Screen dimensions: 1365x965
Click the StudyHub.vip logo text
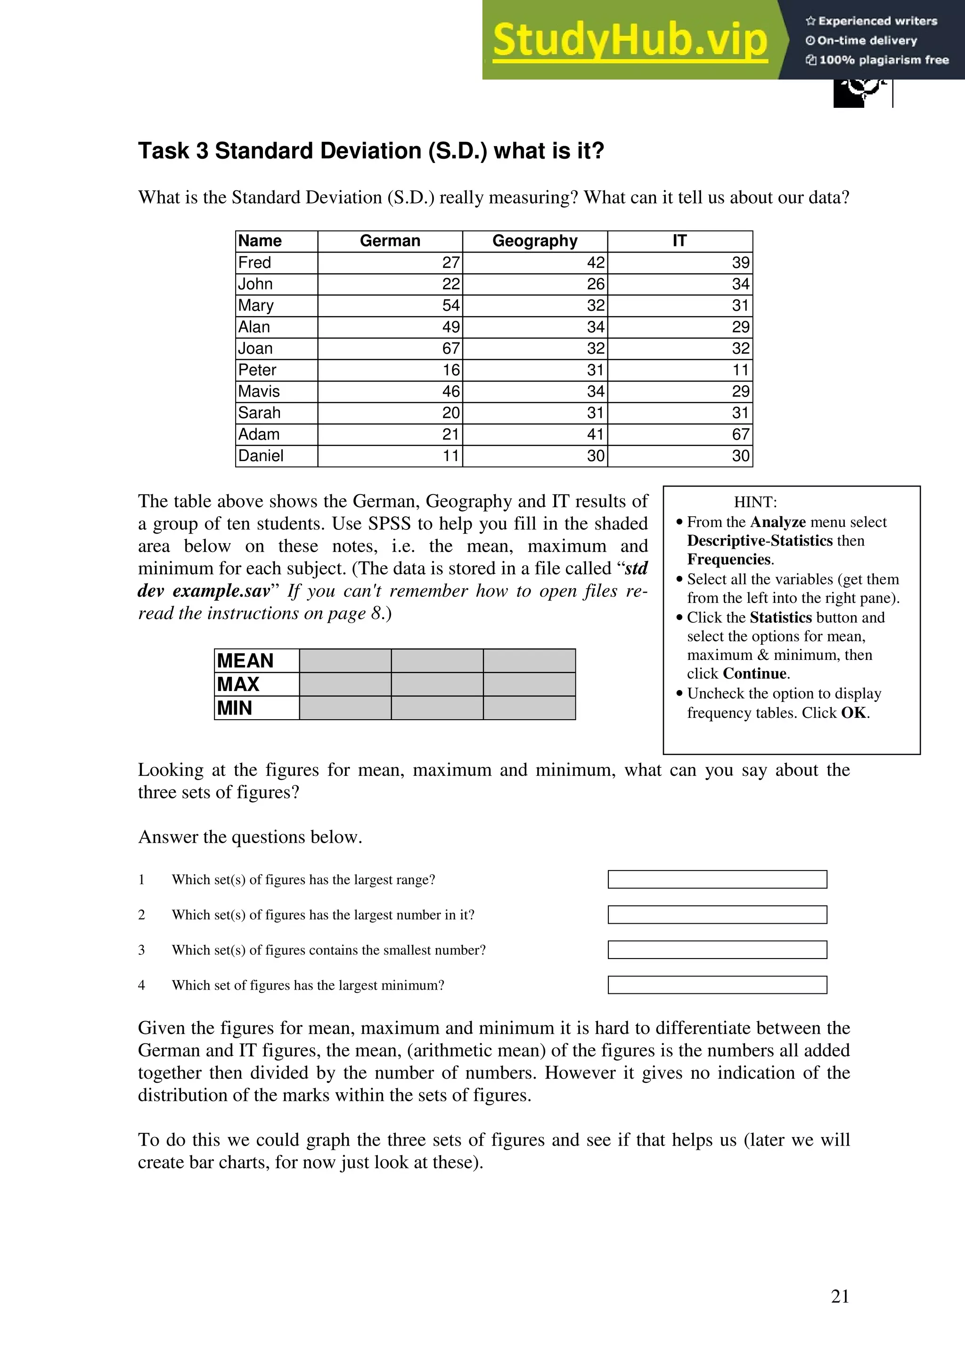pyautogui.click(x=630, y=41)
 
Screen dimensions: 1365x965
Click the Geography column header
pyautogui.click(x=534, y=241)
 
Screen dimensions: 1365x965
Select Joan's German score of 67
pyautogui.click(x=450, y=349)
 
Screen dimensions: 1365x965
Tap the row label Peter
pyautogui.click(x=257, y=370)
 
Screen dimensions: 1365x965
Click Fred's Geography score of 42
pyautogui.click(x=595, y=263)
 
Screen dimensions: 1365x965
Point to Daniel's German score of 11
pyautogui.click(x=450, y=456)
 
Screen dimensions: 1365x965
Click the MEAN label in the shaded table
pyautogui.click(x=245, y=660)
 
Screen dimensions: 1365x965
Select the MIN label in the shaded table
pyautogui.click(x=234, y=708)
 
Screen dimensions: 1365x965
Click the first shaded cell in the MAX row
pyautogui.click(x=345, y=684)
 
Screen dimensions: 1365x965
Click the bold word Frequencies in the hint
pyautogui.click(x=729, y=560)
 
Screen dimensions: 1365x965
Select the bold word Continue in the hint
pyautogui.click(x=754, y=674)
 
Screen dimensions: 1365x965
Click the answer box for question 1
pyautogui.click(x=717, y=879)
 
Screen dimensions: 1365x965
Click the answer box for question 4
pyautogui.click(x=717, y=985)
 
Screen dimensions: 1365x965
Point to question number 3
pyautogui.click(x=141, y=950)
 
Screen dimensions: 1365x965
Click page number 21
pyautogui.click(x=840, y=1296)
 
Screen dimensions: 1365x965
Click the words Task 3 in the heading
pyautogui.click(x=173, y=151)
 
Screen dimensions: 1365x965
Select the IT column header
pyautogui.click(x=679, y=241)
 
